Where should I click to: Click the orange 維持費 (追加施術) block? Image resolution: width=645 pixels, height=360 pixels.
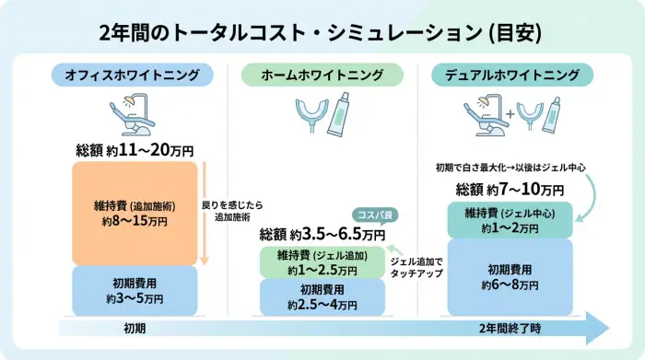point(134,213)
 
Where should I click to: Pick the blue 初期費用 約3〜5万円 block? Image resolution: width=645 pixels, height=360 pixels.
point(134,289)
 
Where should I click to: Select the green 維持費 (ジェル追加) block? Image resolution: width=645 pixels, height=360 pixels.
point(322,262)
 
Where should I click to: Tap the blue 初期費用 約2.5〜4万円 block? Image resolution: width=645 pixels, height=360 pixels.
point(322,296)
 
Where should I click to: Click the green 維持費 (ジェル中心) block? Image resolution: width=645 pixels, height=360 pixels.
point(510,220)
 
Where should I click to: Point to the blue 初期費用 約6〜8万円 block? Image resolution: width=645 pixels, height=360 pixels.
point(510,276)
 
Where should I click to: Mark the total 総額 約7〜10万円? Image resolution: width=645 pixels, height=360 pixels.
point(510,190)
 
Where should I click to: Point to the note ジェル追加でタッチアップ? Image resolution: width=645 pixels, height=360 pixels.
point(416,268)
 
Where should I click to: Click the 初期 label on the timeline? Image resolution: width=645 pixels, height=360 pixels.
point(135,328)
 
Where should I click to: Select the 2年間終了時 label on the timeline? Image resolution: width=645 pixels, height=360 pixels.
point(510,328)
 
